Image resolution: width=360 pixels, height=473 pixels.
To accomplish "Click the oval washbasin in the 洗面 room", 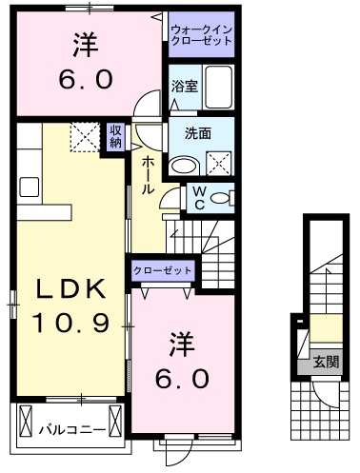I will [x=182, y=164].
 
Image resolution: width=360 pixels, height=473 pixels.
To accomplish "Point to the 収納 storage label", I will [x=115, y=136].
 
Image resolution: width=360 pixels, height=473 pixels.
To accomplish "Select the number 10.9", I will [x=63, y=325].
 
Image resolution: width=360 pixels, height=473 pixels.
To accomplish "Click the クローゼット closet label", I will [x=163, y=271].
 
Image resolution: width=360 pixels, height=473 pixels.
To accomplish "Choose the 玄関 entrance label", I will [x=326, y=363].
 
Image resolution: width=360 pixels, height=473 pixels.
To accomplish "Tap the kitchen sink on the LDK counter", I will [x=26, y=183].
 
